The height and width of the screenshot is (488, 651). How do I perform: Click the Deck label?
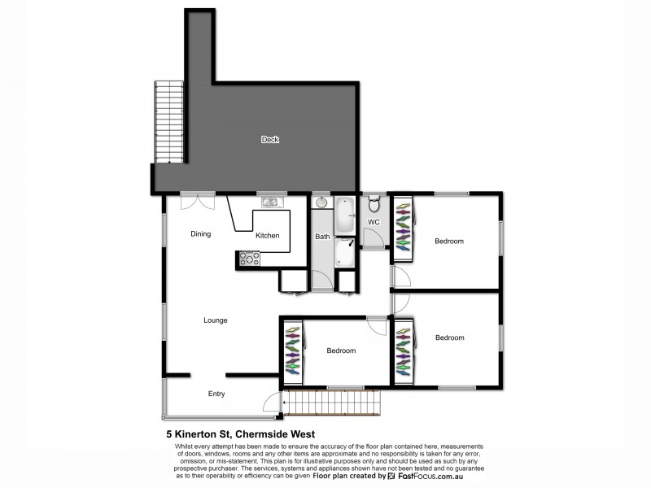pos(269,140)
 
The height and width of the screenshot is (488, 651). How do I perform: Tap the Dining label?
pos(200,234)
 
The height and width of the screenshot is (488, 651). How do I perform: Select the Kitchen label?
pos(267,236)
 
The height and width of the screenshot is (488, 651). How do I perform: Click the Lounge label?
pos(215,320)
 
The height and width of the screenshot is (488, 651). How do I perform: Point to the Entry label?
pos(216,394)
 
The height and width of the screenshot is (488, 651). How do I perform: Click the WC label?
pos(374,222)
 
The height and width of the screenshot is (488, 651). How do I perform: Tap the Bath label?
pos(322,237)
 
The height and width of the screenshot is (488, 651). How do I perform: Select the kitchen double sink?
pos(269,202)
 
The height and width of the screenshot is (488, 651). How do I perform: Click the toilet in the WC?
pos(374,203)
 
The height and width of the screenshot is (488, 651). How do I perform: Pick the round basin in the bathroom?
pos(322,203)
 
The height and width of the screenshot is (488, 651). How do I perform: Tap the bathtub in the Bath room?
pos(345,215)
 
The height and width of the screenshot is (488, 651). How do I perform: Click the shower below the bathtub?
pos(345,252)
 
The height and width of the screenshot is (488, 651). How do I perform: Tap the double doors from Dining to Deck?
pos(198,198)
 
